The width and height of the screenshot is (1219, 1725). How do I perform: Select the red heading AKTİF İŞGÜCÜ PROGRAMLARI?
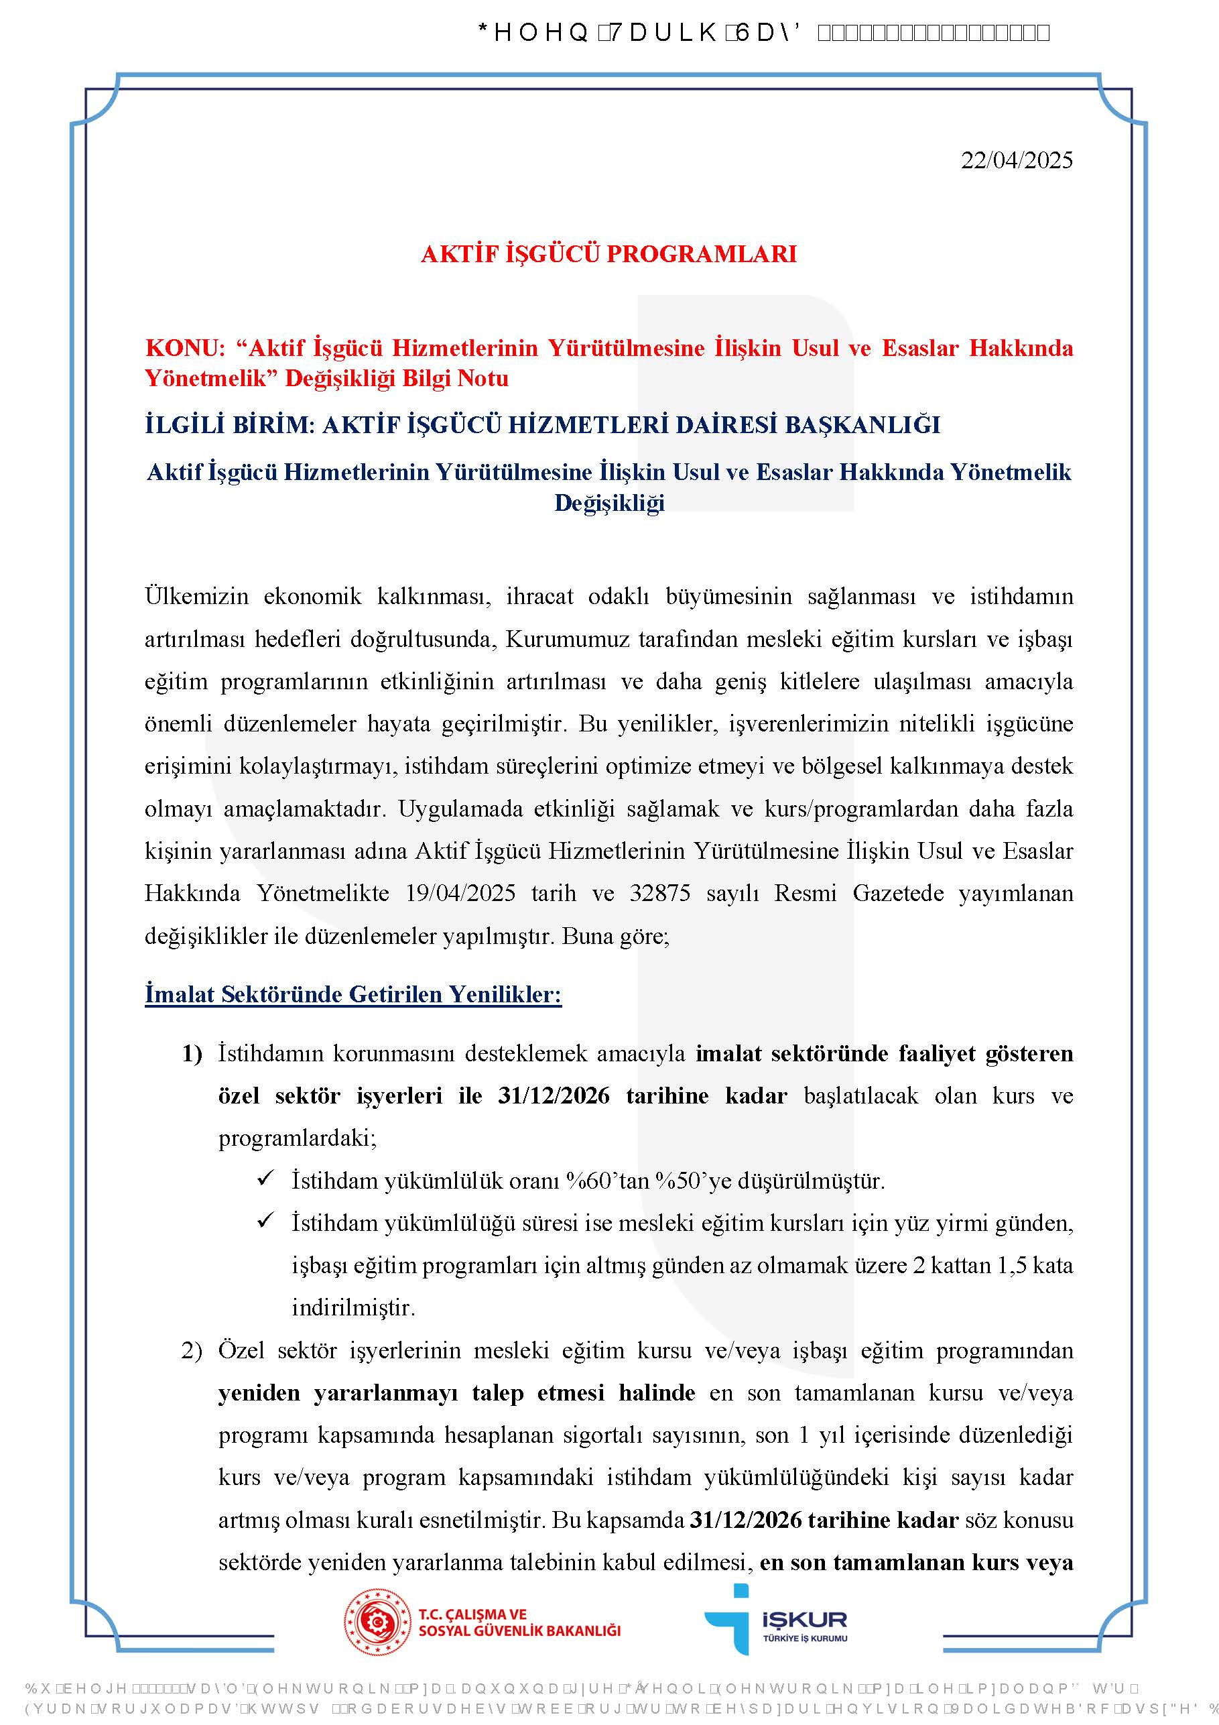click(x=608, y=254)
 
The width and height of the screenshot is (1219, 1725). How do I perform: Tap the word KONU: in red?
click(x=185, y=348)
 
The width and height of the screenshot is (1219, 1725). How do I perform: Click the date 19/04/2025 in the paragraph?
click(x=460, y=893)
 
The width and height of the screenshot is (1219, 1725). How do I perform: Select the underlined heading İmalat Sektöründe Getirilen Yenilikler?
click(x=353, y=995)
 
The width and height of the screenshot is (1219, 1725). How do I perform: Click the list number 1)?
click(x=192, y=1053)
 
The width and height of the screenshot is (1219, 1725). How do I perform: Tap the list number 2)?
click(x=192, y=1351)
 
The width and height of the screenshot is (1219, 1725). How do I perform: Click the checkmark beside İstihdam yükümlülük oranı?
click(x=265, y=1179)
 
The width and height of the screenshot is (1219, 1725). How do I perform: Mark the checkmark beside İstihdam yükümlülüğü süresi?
click(x=265, y=1222)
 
